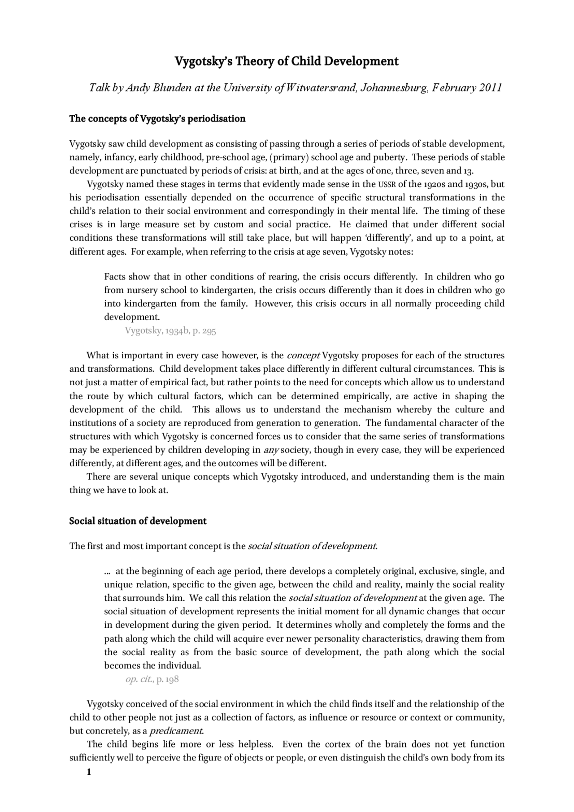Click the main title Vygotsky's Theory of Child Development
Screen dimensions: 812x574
click(287, 61)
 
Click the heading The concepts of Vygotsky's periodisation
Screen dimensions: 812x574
click(157, 119)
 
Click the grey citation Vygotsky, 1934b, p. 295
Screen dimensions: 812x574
click(170, 331)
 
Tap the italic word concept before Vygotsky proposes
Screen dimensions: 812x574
click(303, 356)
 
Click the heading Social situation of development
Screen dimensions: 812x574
click(138, 521)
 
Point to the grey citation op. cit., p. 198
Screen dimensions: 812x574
click(152, 679)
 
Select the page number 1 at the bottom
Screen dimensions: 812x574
click(89, 772)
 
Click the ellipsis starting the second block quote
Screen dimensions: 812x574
click(108, 571)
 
